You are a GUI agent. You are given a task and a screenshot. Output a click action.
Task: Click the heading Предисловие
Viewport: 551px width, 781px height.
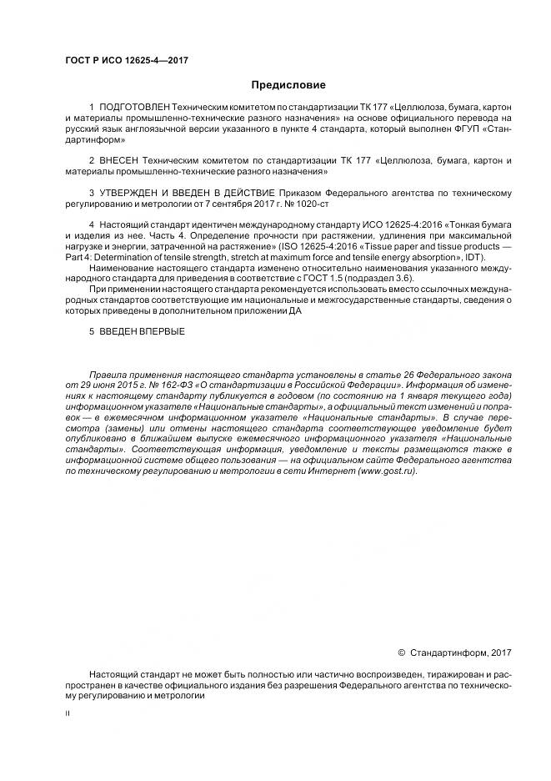[x=288, y=84]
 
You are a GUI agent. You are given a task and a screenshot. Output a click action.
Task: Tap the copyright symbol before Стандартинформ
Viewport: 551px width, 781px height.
[x=402, y=653]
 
